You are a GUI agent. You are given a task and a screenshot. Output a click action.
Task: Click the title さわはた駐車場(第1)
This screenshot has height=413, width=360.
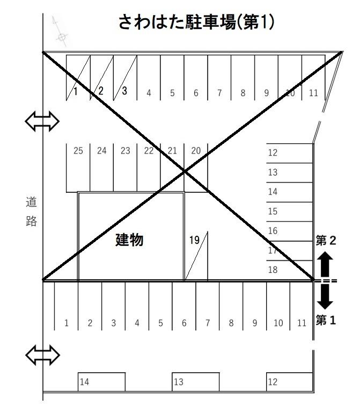196,21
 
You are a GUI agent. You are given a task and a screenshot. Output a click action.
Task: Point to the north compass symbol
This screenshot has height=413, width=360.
60,32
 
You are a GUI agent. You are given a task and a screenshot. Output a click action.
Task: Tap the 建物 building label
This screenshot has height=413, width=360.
129,240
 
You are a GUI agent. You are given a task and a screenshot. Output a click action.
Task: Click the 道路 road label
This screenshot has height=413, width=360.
31,211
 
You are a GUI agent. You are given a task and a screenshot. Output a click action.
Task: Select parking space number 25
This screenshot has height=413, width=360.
78,168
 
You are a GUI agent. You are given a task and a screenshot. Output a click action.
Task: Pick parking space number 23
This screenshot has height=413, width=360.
125,168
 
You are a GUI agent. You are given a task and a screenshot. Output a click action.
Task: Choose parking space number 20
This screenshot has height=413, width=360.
196,168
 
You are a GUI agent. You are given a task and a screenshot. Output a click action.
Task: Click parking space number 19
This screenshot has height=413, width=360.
196,256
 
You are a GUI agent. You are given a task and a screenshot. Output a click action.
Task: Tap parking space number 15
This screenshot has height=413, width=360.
290,212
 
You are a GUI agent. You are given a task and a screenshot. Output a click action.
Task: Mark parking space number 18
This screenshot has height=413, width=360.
290,270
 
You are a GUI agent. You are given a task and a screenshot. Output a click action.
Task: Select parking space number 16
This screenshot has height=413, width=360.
290,231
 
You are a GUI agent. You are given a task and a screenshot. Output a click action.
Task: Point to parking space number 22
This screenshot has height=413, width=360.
149,168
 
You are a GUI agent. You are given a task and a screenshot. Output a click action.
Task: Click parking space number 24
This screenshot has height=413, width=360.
101,168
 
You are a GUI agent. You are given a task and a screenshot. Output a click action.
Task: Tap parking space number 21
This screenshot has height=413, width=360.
172,168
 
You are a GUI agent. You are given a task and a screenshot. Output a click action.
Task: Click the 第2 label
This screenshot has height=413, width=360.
326,241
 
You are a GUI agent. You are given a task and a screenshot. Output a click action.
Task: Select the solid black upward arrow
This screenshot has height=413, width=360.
325,264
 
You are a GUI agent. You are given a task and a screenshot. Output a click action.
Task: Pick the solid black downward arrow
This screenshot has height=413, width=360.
325,297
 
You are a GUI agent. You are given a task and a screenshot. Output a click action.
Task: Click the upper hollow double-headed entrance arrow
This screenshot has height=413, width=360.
42,121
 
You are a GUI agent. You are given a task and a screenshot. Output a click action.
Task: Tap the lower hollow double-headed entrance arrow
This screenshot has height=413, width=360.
42,355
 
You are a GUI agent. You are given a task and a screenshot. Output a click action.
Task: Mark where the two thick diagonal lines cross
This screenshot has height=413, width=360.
184,171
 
